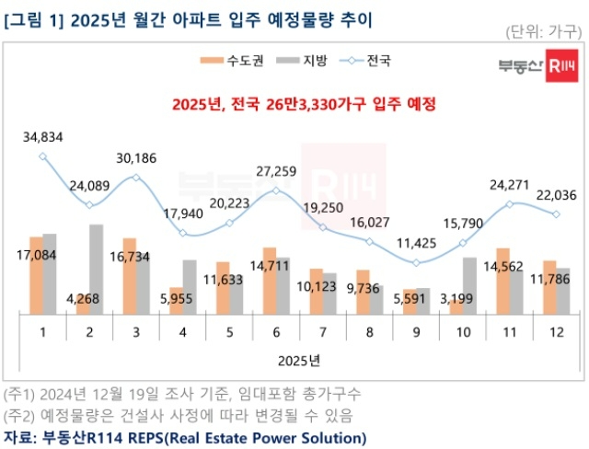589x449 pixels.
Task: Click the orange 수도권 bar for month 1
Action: pos(36,276)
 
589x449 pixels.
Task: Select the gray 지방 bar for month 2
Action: pos(96,270)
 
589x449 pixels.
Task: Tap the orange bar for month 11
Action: pos(503,282)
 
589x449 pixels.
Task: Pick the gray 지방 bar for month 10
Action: pos(469,286)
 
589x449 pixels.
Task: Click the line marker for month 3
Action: pos(136,177)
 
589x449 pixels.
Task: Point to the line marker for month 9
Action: pos(416,263)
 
